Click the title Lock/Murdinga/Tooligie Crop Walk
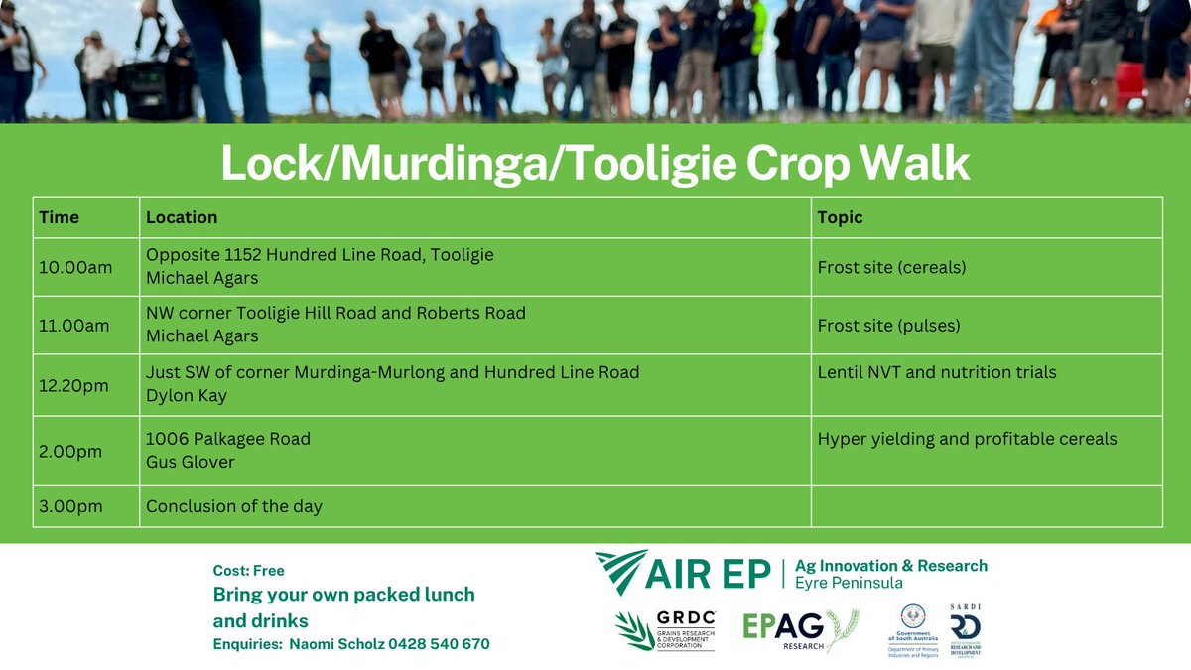pos(595,164)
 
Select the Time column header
pos(60,217)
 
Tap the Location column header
pos(182,217)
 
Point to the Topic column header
pos(840,217)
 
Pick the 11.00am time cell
pos(72,326)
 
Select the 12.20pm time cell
pos(72,385)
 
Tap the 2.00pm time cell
pos(69,451)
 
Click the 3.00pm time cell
pos(69,506)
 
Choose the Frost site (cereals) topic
pos(891,267)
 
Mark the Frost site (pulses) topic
pos(889,326)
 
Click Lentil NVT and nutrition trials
pos(937,373)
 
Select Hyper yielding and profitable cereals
pos(967,439)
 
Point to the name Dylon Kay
pos(187,396)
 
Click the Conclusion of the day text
pos(234,506)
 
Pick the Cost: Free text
pos(248,571)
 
